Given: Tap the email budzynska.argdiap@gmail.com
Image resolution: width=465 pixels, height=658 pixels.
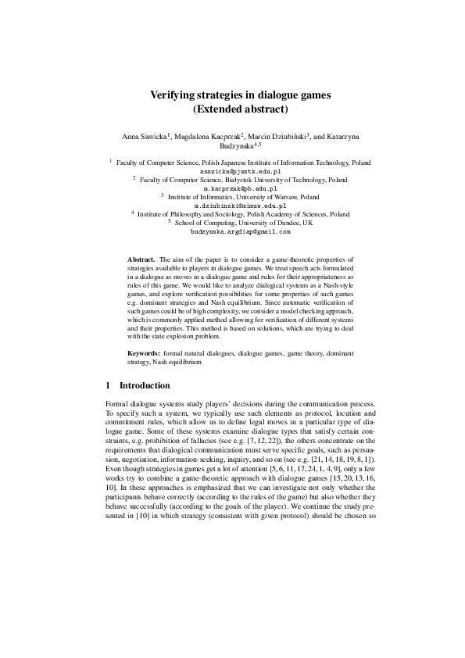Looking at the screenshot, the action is click(x=241, y=231).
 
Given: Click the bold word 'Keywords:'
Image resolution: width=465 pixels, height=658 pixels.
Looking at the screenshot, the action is click(x=145, y=354).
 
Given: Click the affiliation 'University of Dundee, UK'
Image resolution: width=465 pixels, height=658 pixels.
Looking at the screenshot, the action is click(x=274, y=223).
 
